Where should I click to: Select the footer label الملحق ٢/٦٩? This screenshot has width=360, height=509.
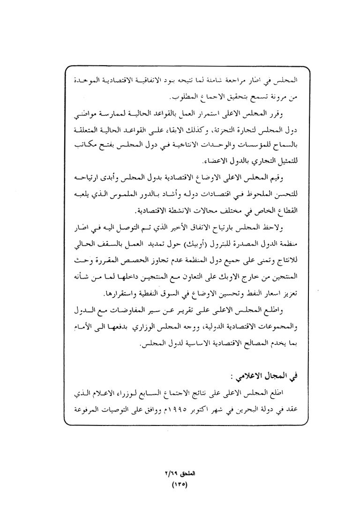point(180,474)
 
